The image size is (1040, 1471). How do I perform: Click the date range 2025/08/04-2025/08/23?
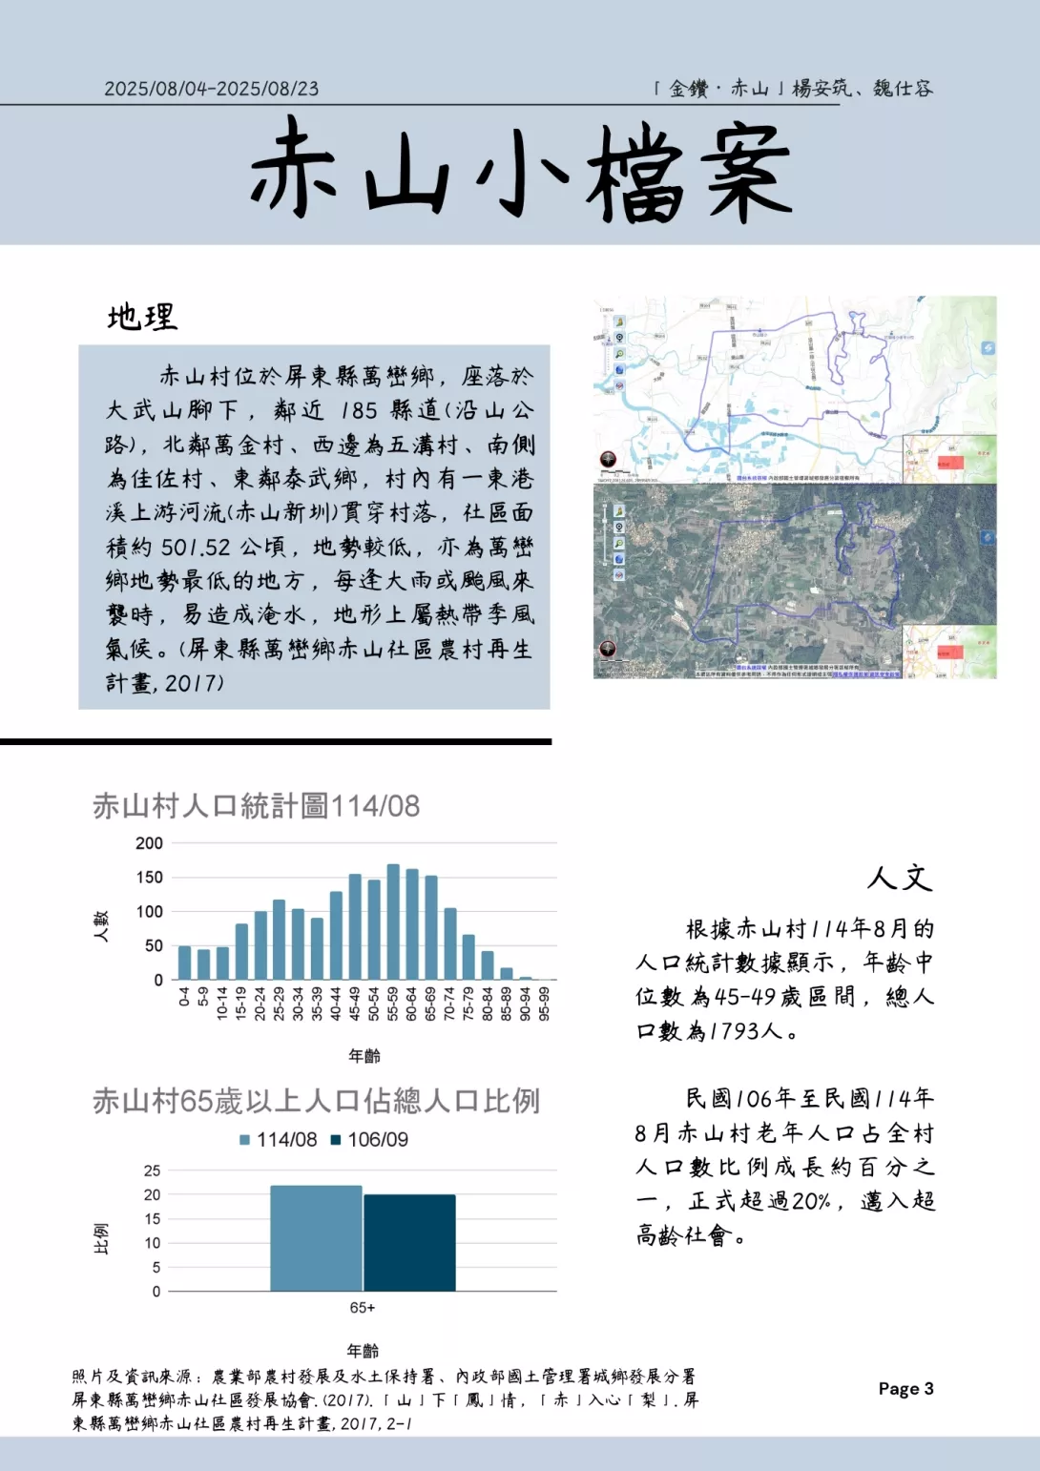point(211,89)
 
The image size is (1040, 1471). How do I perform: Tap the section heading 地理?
point(142,317)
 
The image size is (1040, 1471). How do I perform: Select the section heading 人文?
point(899,877)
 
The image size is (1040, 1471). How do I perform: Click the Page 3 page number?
point(905,1389)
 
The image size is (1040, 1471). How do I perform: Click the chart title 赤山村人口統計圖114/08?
point(256,806)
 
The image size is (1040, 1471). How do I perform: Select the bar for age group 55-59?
point(393,922)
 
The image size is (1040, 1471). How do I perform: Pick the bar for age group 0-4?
point(184,963)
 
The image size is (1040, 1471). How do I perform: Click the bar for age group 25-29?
point(279,940)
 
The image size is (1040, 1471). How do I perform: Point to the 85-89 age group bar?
point(507,974)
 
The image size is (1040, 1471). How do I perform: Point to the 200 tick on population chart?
point(150,843)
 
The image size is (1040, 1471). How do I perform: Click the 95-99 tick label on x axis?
point(545,1004)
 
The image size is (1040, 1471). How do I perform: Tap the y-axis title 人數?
point(101,925)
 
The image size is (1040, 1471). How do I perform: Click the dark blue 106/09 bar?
point(409,1243)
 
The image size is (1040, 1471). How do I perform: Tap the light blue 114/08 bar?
point(316,1238)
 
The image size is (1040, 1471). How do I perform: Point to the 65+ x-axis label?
point(363,1308)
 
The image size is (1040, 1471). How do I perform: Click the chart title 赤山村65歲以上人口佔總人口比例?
point(316,1101)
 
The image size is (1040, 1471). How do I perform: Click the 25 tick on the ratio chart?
point(153,1171)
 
